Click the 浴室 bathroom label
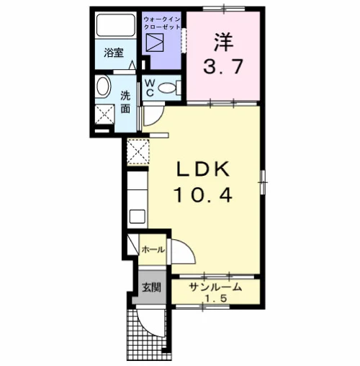pyautogui.click(x=114, y=53)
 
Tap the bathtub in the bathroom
pyautogui.click(x=115, y=25)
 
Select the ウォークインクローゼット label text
pyautogui.click(x=161, y=23)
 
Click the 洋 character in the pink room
pyautogui.click(x=224, y=43)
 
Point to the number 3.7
pyautogui.click(x=223, y=66)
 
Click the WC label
pyautogui.click(x=150, y=88)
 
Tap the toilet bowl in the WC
pyautogui.click(x=168, y=88)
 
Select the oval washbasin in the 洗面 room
pyautogui.click(x=104, y=87)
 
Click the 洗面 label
pyautogui.click(x=125, y=102)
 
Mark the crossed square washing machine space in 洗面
pyautogui.click(x=104, y=114)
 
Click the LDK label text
pyautogui.click(x=203, y=170)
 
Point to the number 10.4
pyautogui.click(x=204, y=195)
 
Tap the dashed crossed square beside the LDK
pyautogui.click(x=138, y=151)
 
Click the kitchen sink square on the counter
pyautogui.click(x=138, y=216)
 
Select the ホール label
pyautogui.click(x=153, y=250)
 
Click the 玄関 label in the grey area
pyautogui.click(x=151, y=287)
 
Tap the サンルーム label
pyautogui.click(x=215, y=287)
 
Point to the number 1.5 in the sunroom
pyautogui.click(x=215, y=298)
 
